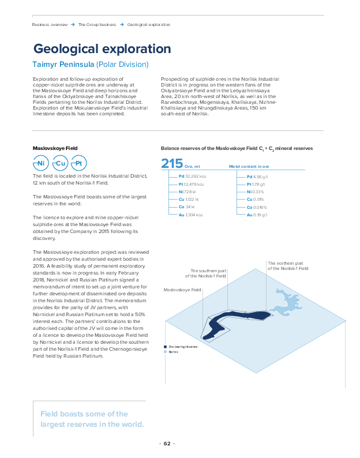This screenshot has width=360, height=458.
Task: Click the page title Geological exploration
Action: (102, 48)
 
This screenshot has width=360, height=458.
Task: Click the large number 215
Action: (171, 164)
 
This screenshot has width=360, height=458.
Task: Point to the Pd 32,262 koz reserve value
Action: (192, 177)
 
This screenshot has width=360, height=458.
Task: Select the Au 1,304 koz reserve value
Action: (191, 215)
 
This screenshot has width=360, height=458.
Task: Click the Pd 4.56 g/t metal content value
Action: (257, 177)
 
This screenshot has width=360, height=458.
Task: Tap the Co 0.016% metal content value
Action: (257, 207)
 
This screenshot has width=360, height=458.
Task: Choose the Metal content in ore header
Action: (249, 166)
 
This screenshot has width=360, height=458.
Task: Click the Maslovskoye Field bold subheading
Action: (55, 148)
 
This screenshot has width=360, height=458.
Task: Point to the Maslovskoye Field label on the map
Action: (182, 290)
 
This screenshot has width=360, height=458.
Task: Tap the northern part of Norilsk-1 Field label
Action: (288, 266)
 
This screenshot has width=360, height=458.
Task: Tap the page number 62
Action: (167, 444)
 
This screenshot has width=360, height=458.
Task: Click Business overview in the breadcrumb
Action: (49, 24)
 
